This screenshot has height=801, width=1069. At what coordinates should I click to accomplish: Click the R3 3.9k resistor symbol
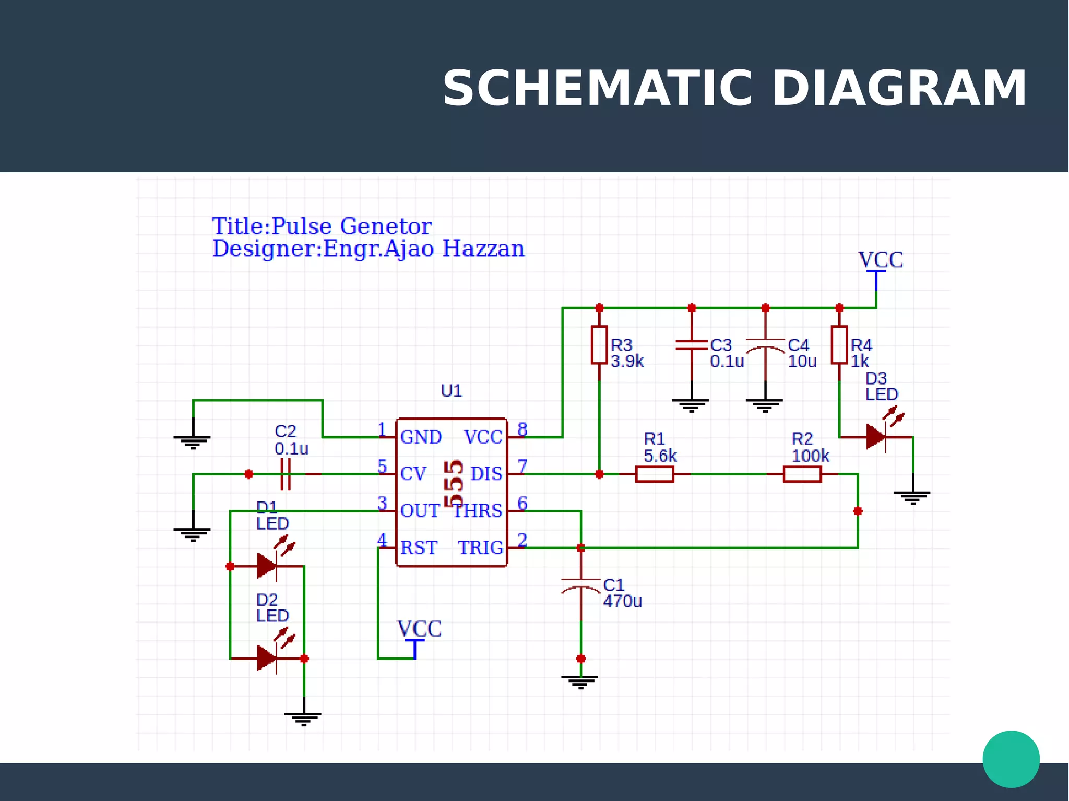pyautogui.click(x=599, y=345)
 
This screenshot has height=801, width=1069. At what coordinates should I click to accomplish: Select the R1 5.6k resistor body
pyautogui.click(x=655, y=474)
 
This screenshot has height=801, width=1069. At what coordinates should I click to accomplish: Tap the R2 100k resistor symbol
pyautogui.click(x=802, y=474)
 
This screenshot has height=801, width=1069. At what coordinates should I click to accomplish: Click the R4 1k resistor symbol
pyautogui.click(x=839, y=345)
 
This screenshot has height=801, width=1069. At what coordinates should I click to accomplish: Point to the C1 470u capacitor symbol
pyautogui.click(x=580, y=585)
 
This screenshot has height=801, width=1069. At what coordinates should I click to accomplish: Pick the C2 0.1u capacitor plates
pyautogui.click(x=285, y=474)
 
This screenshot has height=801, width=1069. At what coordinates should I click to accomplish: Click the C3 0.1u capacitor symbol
pyautogui.click(x=691, y=345)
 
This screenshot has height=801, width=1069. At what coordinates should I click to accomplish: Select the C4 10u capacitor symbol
pyautogui.click(x=765, y=345)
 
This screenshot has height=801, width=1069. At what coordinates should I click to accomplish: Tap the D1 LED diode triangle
pyautogui.click(x=267, y=566)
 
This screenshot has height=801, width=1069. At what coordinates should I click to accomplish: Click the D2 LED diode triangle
pyautogui.click(x=267, y=658)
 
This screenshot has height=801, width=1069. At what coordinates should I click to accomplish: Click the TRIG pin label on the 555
pyautogui.click(x=480, y=547)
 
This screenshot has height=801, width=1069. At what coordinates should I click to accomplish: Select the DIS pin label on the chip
pyautogui.click(x=486, y=474)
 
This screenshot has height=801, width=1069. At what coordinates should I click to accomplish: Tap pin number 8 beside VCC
pyautogui.click(x=522, y=429)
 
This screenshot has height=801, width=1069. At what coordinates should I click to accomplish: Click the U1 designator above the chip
pyautogui.click(x=451, y=390)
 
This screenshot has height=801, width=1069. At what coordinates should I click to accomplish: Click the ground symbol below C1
pyautogui.click(x=580, y=681)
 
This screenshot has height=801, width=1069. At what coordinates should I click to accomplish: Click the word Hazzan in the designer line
pyautogui.click(x=483, y=248)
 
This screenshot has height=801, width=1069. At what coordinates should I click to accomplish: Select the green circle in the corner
pyautogui.click(x=1011, y=759)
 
